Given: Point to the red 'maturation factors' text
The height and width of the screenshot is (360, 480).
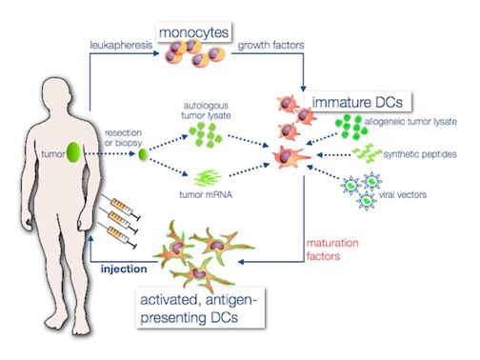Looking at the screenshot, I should coord(331,250).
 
